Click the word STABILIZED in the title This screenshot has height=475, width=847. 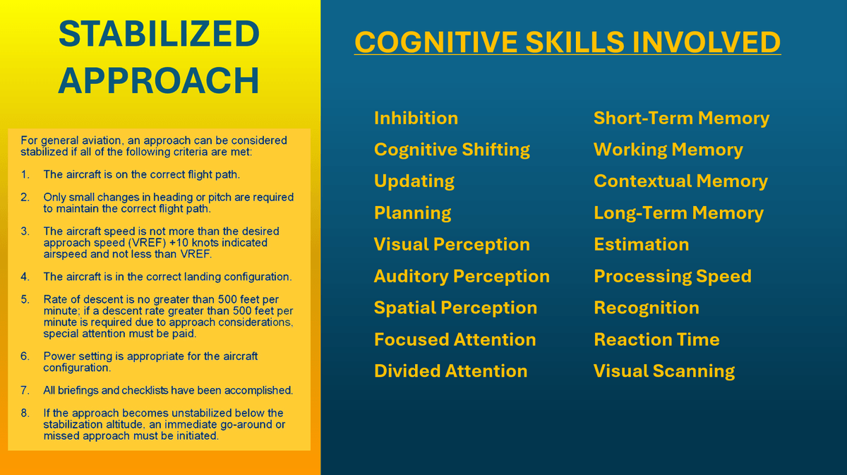160,33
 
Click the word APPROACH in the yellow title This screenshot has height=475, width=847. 159,80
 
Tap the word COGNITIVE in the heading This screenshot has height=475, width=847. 435,42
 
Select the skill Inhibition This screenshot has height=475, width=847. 416,118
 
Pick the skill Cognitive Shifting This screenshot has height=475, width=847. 452,150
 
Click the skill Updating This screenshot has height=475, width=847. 414,181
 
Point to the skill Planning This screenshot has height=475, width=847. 412,213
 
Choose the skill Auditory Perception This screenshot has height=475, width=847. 462,277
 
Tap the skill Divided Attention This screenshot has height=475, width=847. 451,371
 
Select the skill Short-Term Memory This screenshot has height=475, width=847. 681,118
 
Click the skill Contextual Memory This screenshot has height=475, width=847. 680,181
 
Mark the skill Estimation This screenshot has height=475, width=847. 642,244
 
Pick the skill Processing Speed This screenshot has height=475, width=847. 673,277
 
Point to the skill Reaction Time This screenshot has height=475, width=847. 657,339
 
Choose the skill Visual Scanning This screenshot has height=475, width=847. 664,371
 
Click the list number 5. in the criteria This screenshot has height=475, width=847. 25,299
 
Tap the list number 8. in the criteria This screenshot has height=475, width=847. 25,413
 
